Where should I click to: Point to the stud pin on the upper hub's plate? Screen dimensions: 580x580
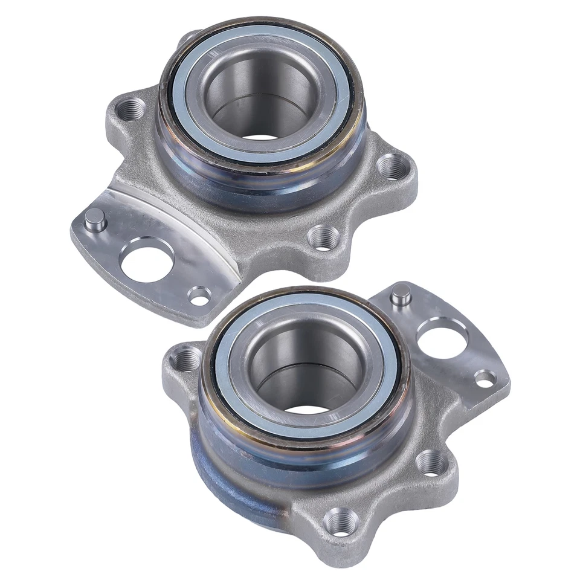pos(95,219)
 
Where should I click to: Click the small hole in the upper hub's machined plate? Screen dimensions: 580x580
pos(199,295)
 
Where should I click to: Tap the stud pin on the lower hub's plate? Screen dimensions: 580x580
pos(399,295)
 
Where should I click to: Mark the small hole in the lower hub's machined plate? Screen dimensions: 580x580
pos(485,378)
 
